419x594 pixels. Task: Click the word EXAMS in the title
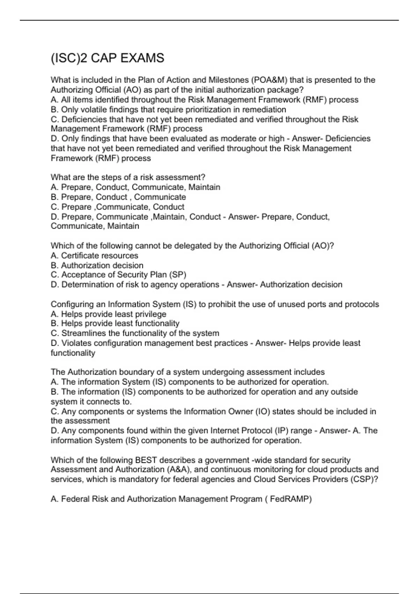click(142, 58)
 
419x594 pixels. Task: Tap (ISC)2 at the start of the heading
click(69, 58)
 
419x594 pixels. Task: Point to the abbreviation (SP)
click(178, 275)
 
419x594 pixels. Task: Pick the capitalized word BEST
click(146, 460)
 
